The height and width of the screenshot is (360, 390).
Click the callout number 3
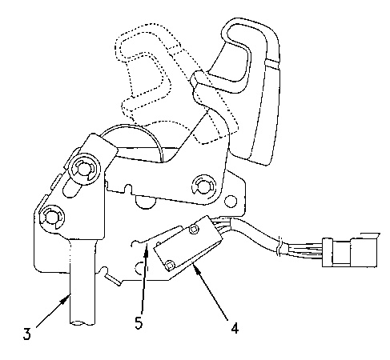(x=26, y=334)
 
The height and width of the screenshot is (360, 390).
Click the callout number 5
(x=139, y=322)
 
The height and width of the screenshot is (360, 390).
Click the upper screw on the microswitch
(x=194, y=229)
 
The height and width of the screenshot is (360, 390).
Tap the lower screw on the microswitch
(x=170, y=265)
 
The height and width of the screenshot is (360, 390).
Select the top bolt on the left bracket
(x=84, y=169)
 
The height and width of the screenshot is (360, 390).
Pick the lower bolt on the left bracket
(x=52, y=218)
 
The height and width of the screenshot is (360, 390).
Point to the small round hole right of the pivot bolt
(x=231, y=202)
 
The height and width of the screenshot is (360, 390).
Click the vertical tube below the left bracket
(x=82, y=282)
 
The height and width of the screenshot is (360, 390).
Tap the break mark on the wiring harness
(x=278, y=246)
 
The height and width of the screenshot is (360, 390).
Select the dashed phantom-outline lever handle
(x=171, y=80)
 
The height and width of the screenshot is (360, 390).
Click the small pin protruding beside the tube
(x=112, y=279)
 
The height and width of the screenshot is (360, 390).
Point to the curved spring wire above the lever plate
(x=134, y=136)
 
